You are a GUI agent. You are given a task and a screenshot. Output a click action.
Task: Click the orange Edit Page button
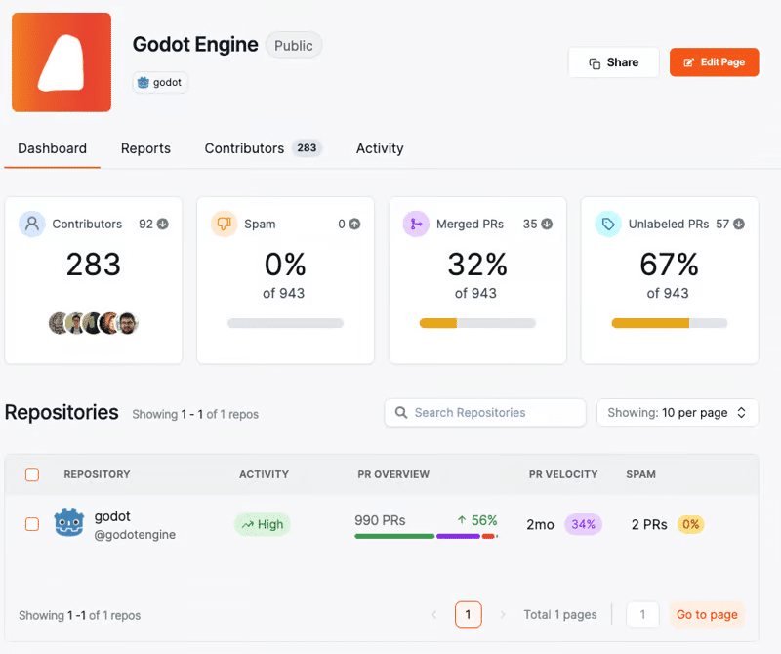[x=714, y=62]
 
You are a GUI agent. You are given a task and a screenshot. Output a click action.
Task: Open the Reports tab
[x=145, y=148]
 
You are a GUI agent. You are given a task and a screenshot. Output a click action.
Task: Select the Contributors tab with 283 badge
[x=262, y=148]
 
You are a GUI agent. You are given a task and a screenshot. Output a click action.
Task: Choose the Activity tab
[x=380, y=148]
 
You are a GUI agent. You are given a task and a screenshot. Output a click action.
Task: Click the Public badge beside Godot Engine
[x=293, y=45]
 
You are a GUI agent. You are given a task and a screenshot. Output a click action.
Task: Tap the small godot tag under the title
[x=160, y=82]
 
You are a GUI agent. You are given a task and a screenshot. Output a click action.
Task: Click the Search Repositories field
[x=485, y=413]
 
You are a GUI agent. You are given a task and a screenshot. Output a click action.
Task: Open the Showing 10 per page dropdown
[x=677, y=413]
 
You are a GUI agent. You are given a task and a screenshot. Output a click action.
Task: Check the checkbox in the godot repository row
[x=32, y=524]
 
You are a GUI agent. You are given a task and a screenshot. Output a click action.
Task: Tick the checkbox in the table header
[x=32, y=474]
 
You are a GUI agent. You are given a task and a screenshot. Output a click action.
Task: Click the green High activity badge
[x=263, y=524]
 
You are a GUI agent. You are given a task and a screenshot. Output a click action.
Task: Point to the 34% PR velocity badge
[x=583, y=524]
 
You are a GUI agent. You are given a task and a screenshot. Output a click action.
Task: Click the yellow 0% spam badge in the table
[x=690, y=524]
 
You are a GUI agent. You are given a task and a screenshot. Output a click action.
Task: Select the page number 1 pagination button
[x=468, y=615]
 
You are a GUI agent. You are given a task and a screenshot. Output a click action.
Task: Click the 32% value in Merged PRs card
[x=477, y=264]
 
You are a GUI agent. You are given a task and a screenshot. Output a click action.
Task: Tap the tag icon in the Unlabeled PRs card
[x=608, y=224]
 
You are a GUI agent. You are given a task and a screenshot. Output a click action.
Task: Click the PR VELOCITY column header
[x=562, y=474]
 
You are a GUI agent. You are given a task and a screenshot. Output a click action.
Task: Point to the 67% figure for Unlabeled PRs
[x=669, y=264]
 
